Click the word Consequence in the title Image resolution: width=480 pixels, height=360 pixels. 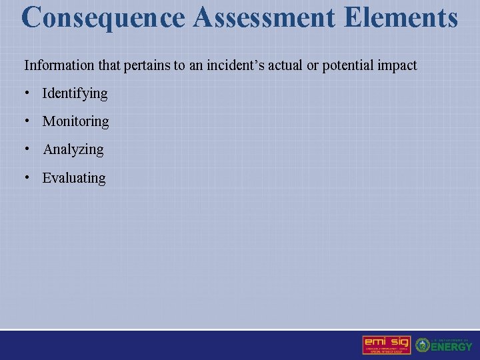(x=103, y=18)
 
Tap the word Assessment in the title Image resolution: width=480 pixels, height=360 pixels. (x=265, y=18)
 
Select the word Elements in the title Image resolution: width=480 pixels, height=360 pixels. (x=401, y=18)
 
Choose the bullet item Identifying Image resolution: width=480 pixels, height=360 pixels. (x=75, y=93)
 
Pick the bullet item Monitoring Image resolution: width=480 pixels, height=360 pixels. (x=75, y=121)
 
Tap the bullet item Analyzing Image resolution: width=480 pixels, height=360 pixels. (x=73, y=149)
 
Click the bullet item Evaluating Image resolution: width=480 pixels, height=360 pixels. (x=74, y=178)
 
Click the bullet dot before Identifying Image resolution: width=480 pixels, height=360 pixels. (x=27, y=93)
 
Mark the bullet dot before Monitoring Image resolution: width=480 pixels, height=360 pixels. (x=27, y=121)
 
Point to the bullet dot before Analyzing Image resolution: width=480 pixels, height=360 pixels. (x=27, y=149)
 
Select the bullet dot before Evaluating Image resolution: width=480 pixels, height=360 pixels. (x=27, y=177)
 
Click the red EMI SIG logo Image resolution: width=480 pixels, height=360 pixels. (x=387, y=344)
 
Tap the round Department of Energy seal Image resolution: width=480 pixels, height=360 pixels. (x=423, y=345)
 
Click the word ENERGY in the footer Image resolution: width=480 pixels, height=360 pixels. (x=452, y=347)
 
